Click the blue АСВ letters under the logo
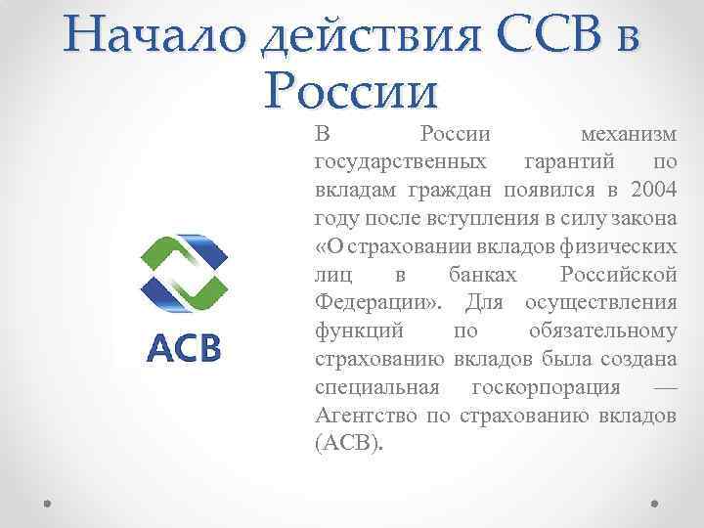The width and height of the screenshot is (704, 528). pos(183,346)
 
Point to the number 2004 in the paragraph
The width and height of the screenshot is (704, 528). pos(652,188)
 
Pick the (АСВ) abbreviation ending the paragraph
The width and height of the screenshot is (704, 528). pos(350,442)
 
